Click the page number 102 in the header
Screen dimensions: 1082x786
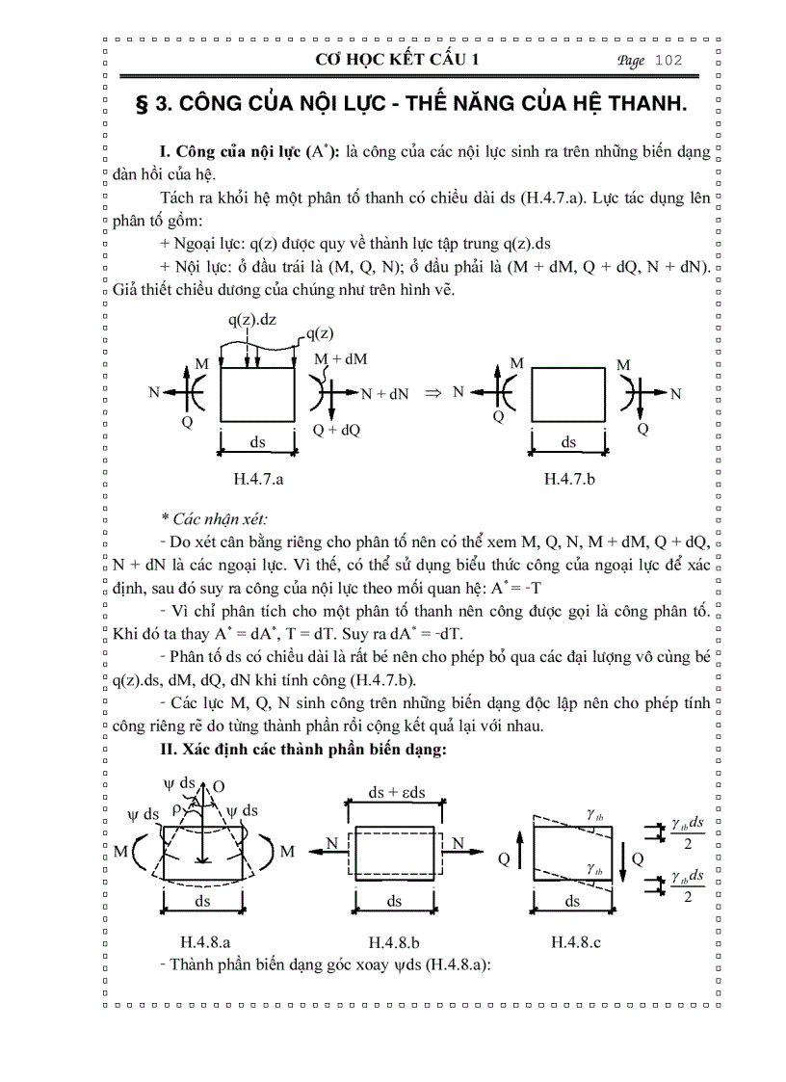click(x=668, y=61)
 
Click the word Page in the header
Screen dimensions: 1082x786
click(x=631, y=61)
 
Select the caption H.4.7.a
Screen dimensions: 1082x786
click(x=259, y=478)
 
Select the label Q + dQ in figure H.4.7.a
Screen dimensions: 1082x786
click(x=335, y=431)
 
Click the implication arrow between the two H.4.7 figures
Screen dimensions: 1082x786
click(x=432, y=393)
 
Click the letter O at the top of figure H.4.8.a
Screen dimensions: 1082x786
click(x=219, y=787)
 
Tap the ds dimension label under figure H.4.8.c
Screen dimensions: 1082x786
click(x=573, y=901)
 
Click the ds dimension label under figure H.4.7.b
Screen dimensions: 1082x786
click(x=569, y=442)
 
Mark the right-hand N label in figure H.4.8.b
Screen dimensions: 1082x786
click(x=458, y=844)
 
